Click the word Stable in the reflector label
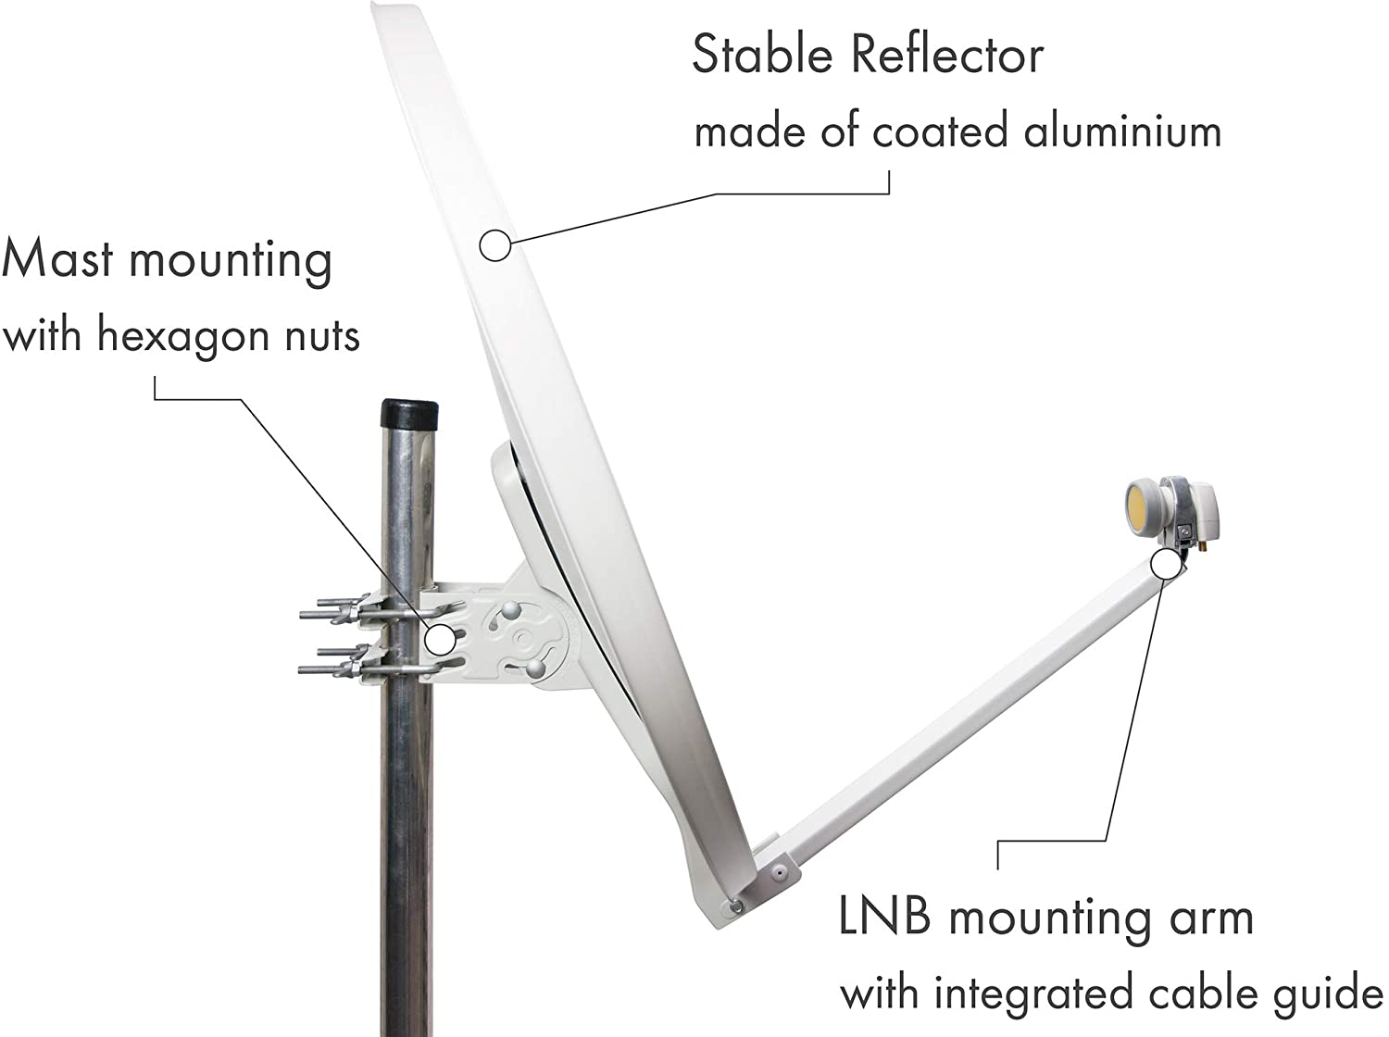(762, 55)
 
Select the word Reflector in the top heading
(947, 55)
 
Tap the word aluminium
(1122, 131)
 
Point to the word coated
(940, 131)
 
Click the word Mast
(57, 258)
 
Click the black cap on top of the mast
(409, 413)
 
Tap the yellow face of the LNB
(1142, 505)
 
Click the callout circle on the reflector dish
(494, 244)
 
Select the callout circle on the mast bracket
(440, 639)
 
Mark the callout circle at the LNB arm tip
(1166, 565)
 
